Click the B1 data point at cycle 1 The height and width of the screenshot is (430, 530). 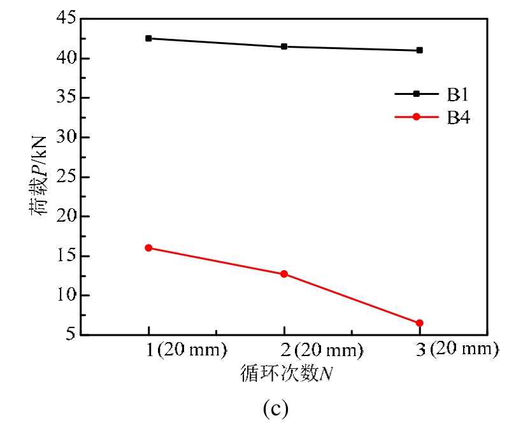tap(148, 38)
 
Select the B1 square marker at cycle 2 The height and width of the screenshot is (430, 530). tap(284, 47)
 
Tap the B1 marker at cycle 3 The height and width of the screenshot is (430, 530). tap(420, 50)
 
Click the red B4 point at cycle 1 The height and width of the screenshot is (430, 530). tap(148, 248)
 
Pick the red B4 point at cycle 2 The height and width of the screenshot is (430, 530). tap(284, 274)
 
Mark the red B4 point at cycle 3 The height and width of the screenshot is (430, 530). tap(420, 323)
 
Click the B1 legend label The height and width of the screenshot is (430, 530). tap(457, 94)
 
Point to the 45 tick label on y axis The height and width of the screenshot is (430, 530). tap(64, 19)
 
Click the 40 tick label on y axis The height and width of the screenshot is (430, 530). tap(64, 59)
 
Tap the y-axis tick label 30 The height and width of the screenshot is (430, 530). tap(64, 138)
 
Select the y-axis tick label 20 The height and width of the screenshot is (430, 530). tap(64, 217)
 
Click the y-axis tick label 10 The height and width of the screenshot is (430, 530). tap(64, 296)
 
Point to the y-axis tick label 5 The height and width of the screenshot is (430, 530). tap(69, 335)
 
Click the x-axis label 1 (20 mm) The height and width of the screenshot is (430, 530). tap(185, 350)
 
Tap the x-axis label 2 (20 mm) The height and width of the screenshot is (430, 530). tap(321, 350)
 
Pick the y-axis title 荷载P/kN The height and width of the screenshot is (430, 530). tap(39, 176)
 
